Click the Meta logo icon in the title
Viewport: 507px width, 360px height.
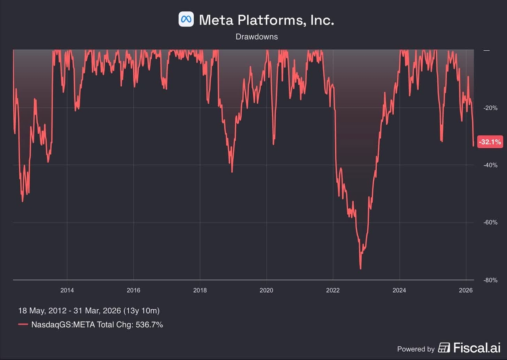[x=186, y=19]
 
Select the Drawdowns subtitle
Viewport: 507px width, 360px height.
[x=257, y=37]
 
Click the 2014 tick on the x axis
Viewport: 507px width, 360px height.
[x=67, y=290]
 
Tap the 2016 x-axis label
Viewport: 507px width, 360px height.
[x=133, y=290]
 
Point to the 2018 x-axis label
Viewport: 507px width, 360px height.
[x=200, y=290]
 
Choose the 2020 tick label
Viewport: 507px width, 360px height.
[x=267, y=290]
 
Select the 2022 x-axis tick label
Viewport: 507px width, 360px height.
[x=333, y=290]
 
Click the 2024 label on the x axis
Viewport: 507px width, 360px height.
[x=399, y=290]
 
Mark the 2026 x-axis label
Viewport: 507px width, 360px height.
[x=466, y=290]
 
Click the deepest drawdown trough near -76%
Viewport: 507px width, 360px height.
[x=360, y=269]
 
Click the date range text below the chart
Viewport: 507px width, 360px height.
[x=89, y=310]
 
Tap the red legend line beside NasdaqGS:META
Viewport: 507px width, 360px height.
[x=23, y=325]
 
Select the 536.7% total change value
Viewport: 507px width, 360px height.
[x=149, y=325]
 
